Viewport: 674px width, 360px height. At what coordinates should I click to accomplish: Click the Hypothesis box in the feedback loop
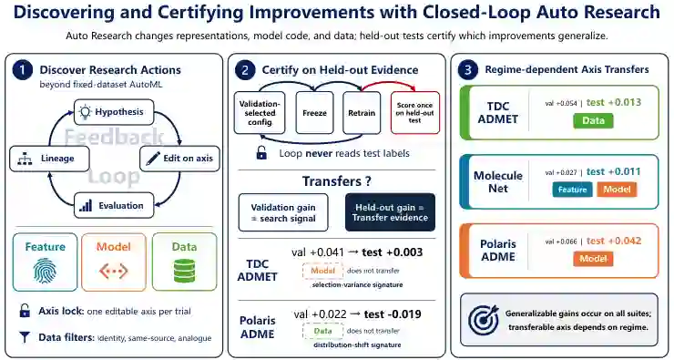tap(114, 112)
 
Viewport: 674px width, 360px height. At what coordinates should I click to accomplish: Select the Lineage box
tap(49, 159)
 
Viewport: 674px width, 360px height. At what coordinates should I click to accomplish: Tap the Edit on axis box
tap(179, 159)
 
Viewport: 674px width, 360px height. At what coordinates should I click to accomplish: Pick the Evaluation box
tap(114, 206)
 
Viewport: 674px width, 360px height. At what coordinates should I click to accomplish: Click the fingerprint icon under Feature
tap(45, 271)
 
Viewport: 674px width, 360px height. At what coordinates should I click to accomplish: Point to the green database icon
tap(184, 271)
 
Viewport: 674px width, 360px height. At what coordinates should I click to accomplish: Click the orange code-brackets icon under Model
tap(114, 271)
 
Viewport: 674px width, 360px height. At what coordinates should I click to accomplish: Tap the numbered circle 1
tap(23, 70)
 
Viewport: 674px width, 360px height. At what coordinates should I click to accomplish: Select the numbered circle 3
tap(468, 70)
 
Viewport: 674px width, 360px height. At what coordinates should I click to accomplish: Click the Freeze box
tap(314, 113)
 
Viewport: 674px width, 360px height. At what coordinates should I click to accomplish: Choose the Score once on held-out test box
tap(414, 113)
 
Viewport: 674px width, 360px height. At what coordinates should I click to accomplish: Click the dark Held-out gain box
tap(390, 212)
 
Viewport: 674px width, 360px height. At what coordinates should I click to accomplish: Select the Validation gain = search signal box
tap(283, 212)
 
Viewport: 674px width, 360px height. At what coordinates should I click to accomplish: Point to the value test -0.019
tap(393, 314)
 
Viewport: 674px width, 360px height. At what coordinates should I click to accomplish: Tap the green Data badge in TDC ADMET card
tap(593, 121)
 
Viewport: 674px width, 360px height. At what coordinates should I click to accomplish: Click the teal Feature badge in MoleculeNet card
tap(572, 190)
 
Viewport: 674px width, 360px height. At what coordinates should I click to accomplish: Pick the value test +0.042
tap(614, 241)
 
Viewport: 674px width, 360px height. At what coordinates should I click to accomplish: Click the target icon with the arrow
tap(484, 320)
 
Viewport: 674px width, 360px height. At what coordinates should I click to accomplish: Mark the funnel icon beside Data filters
tap(25, 337)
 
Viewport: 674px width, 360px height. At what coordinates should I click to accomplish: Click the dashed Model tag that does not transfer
tap(322, 271)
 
